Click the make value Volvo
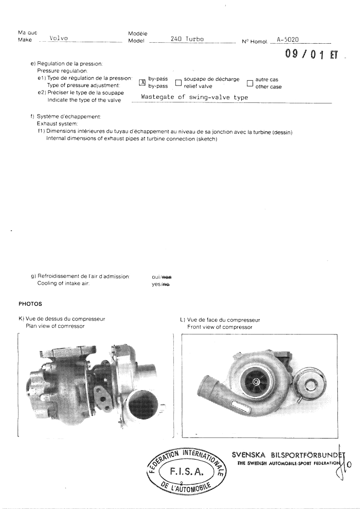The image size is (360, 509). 61,39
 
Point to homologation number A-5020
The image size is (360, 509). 287,39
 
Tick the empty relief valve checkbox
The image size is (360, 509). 178,83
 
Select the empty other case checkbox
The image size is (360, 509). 250,83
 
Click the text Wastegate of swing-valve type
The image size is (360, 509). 194,97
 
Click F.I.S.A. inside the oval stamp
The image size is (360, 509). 186,470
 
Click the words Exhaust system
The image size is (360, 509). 56,124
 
